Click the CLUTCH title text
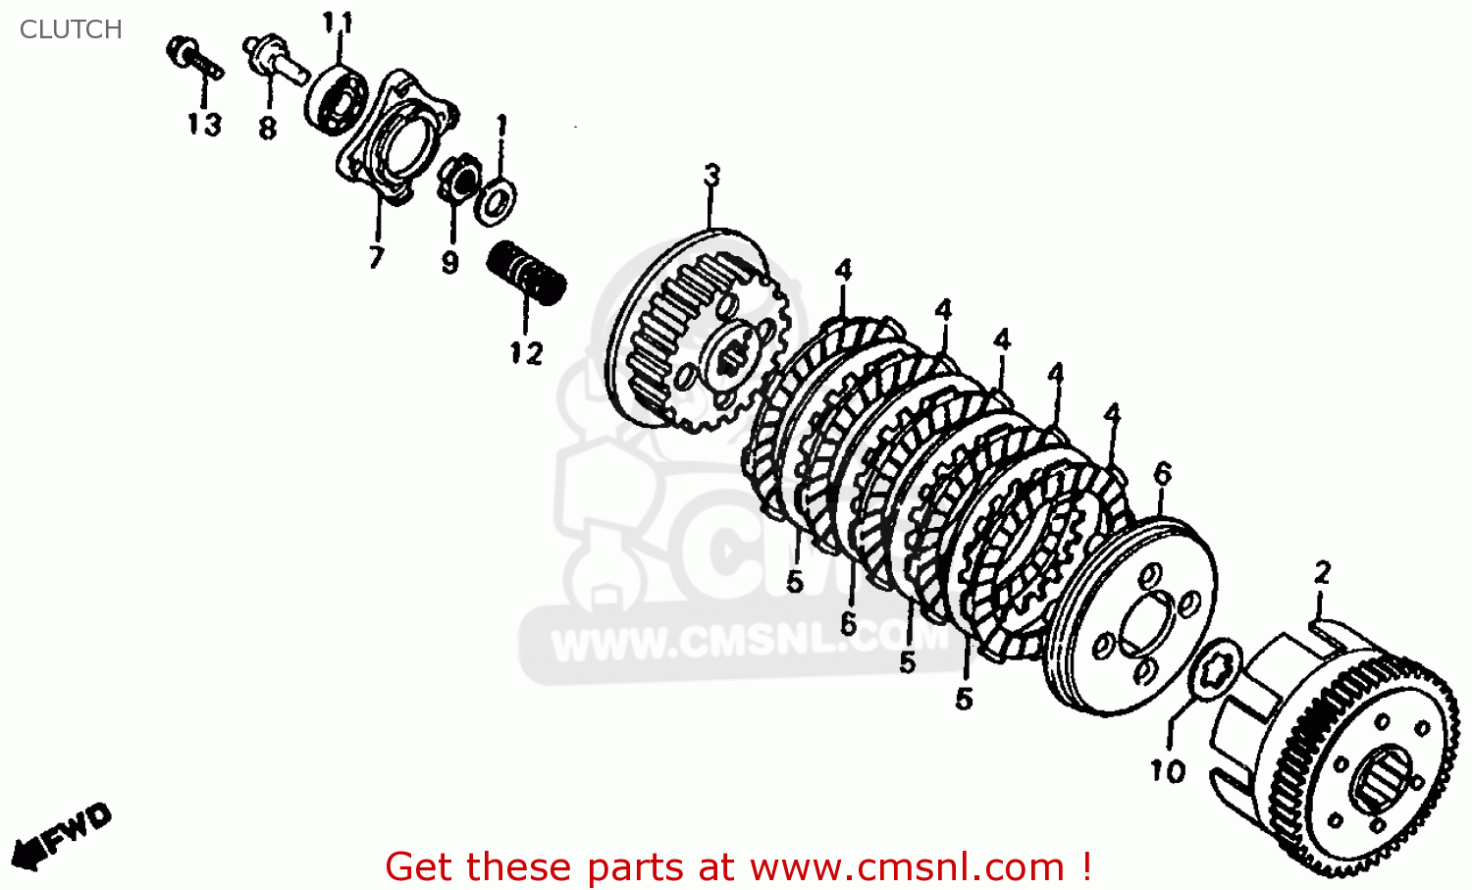71,29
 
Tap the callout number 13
204,125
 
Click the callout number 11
338,23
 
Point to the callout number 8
268,128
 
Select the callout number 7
376,257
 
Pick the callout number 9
449,263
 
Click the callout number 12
526,353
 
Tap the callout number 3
711,175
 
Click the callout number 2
1322,572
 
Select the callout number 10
1168,771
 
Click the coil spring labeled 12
526,273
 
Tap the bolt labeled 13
194,58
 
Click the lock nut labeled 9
458,177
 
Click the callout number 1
501,125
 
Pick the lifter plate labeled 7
396,135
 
